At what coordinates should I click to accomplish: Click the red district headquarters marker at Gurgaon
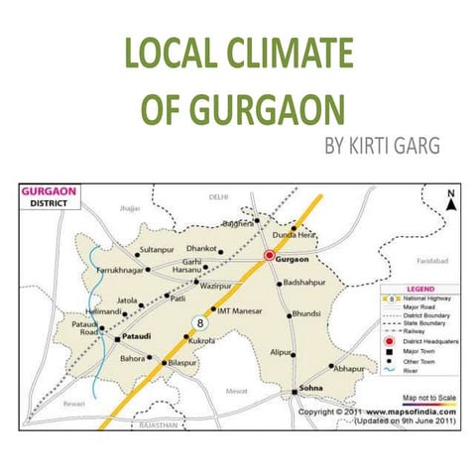[x=269, y=256]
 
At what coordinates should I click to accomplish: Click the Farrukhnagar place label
[x=118, y=268]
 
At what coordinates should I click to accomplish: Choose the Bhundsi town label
[x=308, y=314]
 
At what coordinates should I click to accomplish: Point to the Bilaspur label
[x=189, y=364]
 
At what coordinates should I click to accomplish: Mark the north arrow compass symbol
[x=450, y=201]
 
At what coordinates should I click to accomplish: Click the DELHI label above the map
[x=219, y=197]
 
